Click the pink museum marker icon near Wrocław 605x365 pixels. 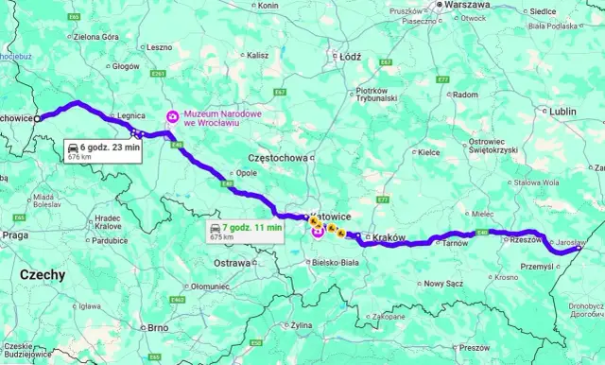tap(172, 117)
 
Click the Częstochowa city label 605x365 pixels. tap(277, 157)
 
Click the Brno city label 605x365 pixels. tap(159, 327)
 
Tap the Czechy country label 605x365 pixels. tap(43, 275)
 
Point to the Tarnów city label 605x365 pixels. tap(456, 243)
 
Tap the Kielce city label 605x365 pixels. tap(429, 151)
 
